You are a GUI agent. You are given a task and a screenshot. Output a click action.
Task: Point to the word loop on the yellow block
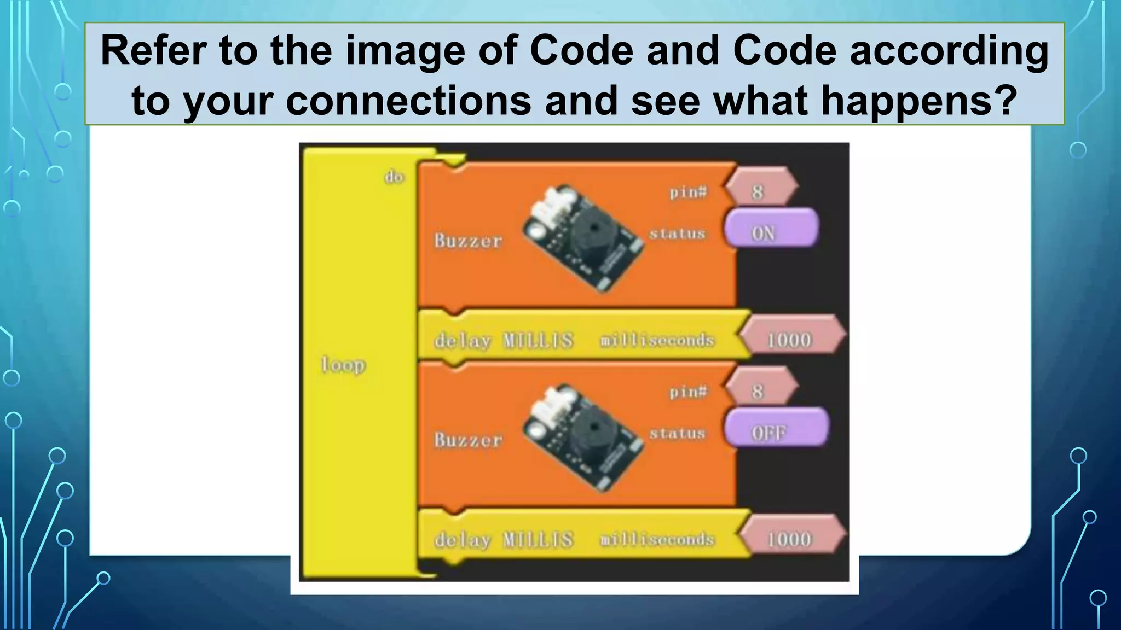point(343,364)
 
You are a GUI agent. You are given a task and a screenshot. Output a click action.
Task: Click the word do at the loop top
point(394,177)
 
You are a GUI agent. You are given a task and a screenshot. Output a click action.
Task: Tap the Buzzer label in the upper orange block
point(468,241)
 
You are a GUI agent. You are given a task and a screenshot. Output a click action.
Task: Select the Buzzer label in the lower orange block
point(468,440)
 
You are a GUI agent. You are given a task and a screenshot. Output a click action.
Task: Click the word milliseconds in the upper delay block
point(657,340)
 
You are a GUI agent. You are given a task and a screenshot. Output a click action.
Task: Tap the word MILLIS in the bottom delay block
point(538,540)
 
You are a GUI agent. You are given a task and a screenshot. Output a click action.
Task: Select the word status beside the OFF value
point(677,433)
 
